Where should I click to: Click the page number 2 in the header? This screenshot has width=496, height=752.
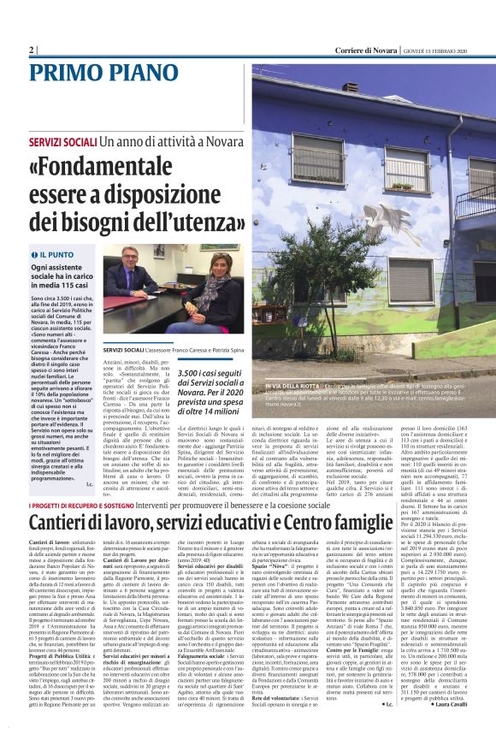coord(31,50)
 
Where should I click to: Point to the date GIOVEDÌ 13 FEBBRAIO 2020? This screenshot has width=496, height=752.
coord(442,50)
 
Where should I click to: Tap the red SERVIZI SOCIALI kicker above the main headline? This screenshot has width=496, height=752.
coord(62,139)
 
